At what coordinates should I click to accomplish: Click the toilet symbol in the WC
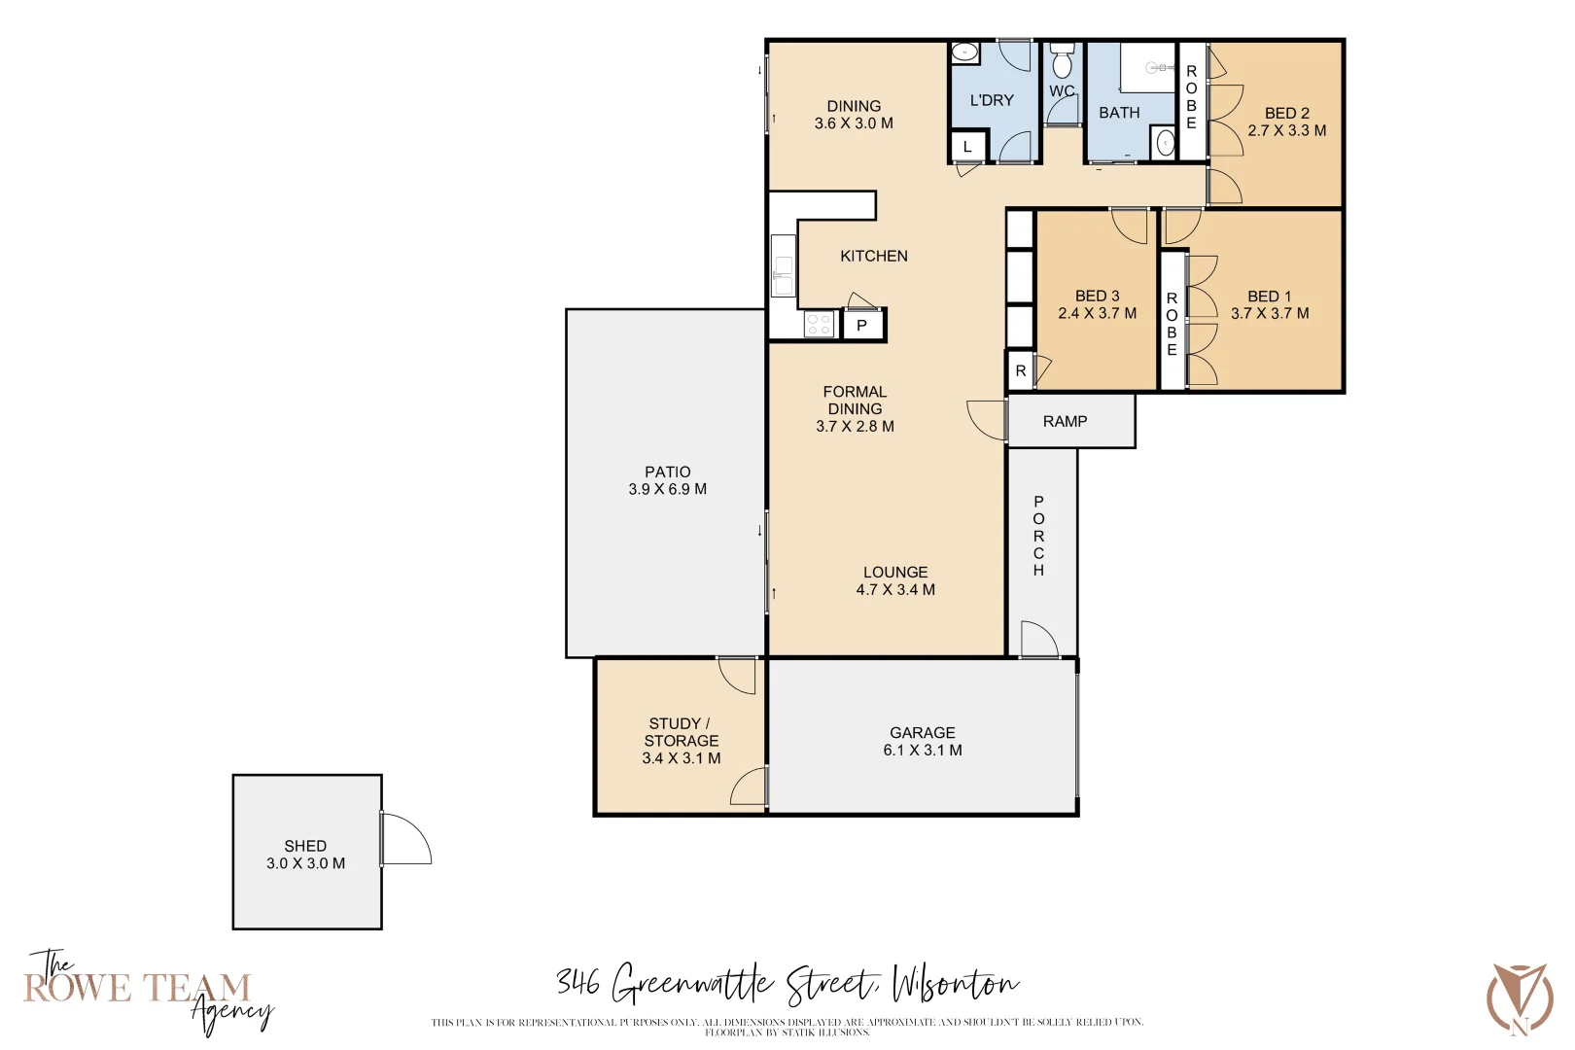point(1062,62)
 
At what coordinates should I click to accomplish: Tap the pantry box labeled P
point(861,326)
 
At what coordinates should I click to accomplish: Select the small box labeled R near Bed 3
point(1020,370)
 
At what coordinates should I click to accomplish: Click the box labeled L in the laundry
point(967,147)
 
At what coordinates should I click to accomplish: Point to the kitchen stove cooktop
point(819,324)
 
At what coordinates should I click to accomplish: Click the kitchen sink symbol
point(783,264)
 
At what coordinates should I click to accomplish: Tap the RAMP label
point(1065,421)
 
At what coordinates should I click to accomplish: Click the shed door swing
point(406,839)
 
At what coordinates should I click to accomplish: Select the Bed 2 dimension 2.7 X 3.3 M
point(1286,130)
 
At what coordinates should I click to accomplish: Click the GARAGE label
point(922,732)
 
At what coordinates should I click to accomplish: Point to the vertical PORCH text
point(1038,536)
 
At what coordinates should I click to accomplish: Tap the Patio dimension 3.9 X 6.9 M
point(667,489)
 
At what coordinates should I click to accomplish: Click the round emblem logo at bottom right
point(1520,999)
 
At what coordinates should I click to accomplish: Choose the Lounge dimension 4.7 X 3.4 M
point(895,589)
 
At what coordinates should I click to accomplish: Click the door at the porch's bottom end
point(1038,639)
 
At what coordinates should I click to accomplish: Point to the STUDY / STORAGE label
point(681,731)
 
